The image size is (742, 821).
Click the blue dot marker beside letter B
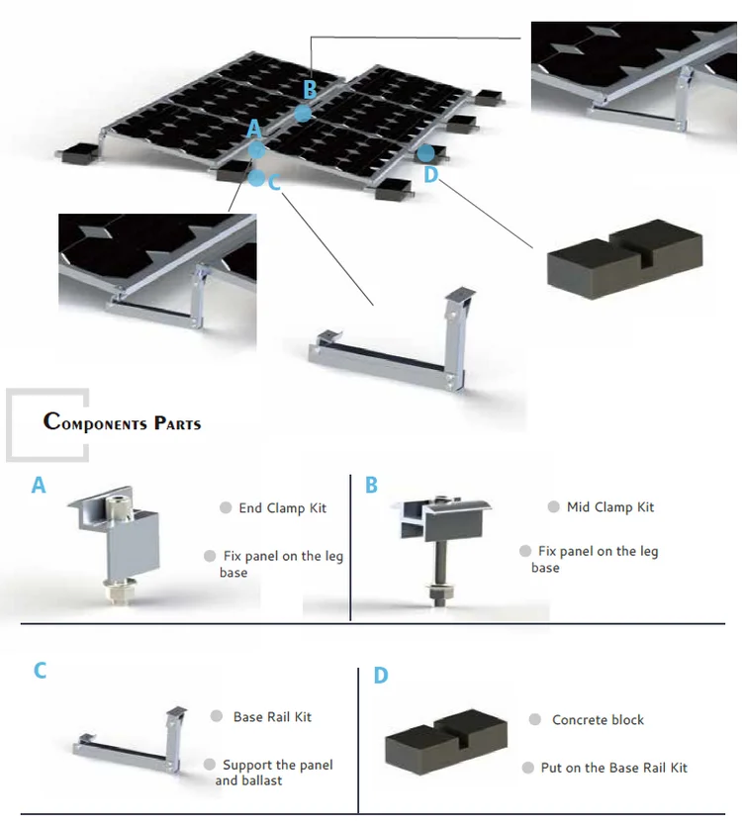point(303,113)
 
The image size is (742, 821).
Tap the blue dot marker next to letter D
point(425,153)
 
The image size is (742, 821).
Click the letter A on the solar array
point(253,130)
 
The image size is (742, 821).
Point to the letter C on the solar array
point(274,183)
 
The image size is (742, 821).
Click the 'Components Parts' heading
point(122,422)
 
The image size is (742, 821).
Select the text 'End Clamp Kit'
point(282,507)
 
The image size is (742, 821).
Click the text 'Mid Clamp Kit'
point(610,506)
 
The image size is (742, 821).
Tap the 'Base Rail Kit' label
point(272,716)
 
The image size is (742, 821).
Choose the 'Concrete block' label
point(598,719)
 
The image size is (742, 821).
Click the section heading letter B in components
point(371,485)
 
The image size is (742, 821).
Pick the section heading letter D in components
point(381,676)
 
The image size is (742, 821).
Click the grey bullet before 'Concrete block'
point(534,719)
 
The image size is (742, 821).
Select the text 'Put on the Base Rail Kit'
point(613,768)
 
